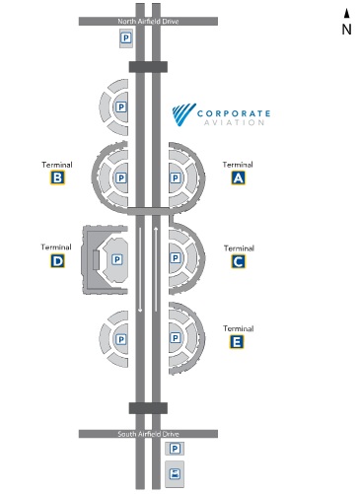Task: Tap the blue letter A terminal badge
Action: click(x=238, y=178)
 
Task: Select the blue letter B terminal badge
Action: click(x=58, y=178)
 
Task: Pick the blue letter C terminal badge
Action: click(x=238, y=261)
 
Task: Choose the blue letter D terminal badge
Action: click(x=58, y=261)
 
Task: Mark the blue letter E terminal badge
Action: click(x=238, y=342)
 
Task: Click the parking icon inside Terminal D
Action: click(x=116, y=259)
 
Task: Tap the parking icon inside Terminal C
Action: click(x=177, y=259)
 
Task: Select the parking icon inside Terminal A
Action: click(x=177, y=178)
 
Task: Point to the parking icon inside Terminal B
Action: click(x=121, y=178)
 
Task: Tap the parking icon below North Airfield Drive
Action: click(x=125, y=37)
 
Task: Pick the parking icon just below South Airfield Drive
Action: click(x=177, y=450)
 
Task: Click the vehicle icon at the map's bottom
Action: click(x=177, y=472)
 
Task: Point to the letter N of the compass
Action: click(x=346, y=29)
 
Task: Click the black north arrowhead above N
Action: click(x=346, y=13)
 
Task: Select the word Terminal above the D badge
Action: click(x=56, y=247)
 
